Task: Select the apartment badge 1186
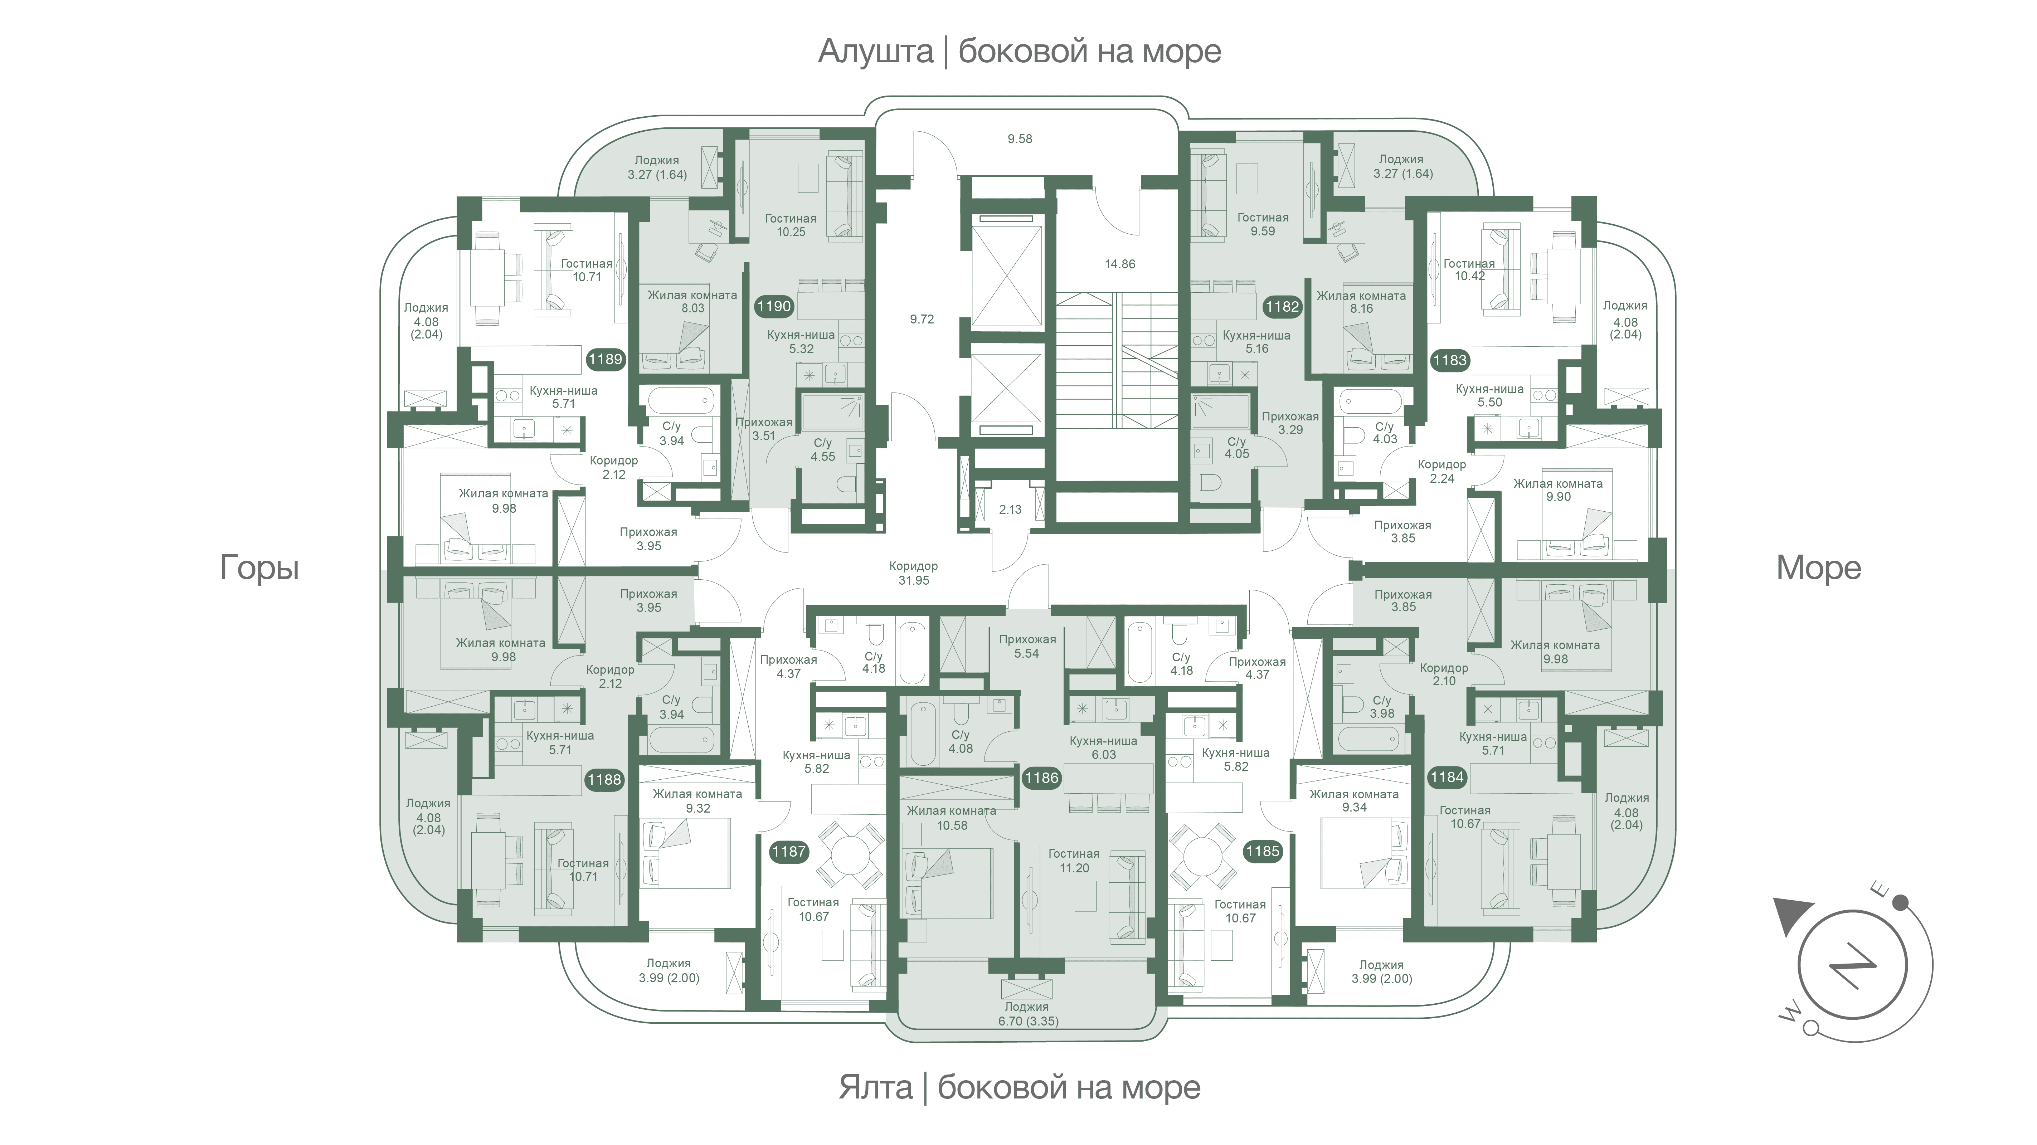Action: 1041,778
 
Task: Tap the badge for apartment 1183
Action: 1449,361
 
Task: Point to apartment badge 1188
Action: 604,780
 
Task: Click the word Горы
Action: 259,568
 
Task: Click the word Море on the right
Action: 1818,568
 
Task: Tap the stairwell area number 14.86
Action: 1120,264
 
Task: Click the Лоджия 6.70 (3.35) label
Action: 1026,1014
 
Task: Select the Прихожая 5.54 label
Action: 1026,646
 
